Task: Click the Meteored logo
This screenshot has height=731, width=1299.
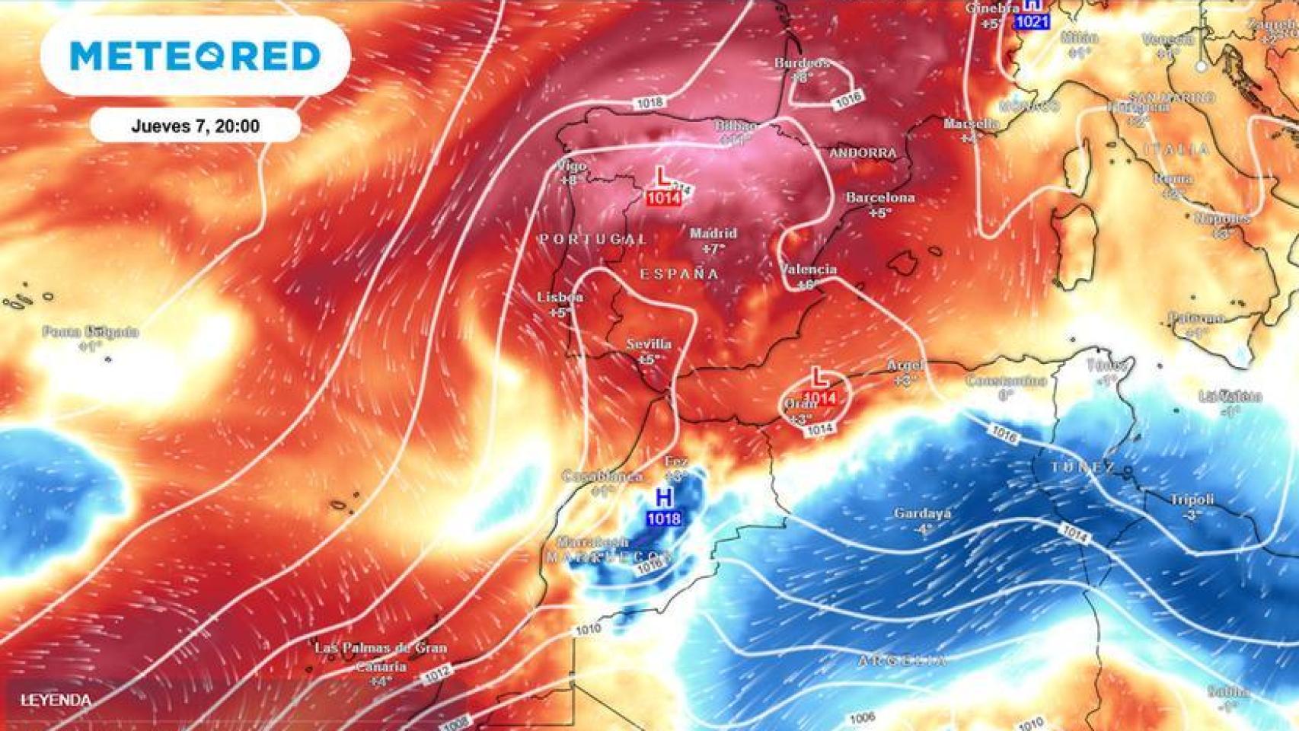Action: (195, 56)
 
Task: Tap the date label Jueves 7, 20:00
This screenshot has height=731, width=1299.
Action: (195, 126)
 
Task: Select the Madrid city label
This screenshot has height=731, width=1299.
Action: (713, 233)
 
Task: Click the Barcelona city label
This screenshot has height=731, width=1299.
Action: (880, 198)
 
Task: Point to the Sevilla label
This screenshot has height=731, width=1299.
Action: (649, 344)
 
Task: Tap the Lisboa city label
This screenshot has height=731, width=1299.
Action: (560, 297)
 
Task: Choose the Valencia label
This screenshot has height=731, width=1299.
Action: (808, 270)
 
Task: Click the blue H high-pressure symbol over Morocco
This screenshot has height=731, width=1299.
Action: (664, 498)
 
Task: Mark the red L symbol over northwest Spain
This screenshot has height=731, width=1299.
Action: (663, 178)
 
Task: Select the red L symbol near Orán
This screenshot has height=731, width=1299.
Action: (819, 376)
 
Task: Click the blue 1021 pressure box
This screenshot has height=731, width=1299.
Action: (1032, 22)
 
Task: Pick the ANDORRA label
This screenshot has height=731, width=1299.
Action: (863, 153)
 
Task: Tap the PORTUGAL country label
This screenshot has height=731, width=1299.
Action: (592, 239)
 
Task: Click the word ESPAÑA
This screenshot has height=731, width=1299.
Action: (679, 273)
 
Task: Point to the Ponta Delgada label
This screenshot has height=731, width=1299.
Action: (91, 332)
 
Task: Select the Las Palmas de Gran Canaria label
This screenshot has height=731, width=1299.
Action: (381, 656)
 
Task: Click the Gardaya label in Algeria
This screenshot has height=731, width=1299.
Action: (922, 514)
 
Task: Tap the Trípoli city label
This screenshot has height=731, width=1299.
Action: (1192, 500)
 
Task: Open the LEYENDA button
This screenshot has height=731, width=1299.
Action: (56, 701)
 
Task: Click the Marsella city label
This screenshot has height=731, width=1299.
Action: (971, 123)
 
